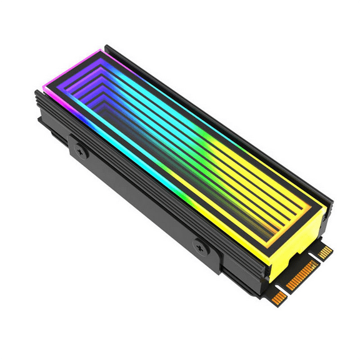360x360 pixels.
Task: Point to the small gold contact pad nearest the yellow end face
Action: click(x=325, y=251)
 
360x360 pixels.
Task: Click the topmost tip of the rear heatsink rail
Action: click(x=108, y=47)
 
